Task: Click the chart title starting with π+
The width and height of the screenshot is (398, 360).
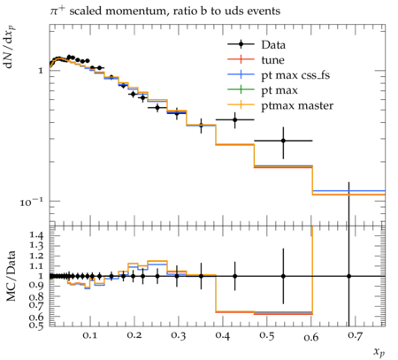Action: (165, 11)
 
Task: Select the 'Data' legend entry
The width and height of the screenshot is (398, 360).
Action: (256, 45)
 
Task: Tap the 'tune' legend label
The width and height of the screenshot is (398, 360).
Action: (272, 60)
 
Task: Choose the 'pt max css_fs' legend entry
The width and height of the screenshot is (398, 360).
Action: (279, 75)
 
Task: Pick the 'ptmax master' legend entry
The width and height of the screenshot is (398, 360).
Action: (280, 105)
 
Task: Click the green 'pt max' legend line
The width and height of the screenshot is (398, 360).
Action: (241, 89)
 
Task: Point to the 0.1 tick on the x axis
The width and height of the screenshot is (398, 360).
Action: (89, 336)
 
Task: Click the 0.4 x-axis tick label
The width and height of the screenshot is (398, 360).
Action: (222, 336)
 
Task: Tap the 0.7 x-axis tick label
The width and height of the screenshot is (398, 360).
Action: (355, 336)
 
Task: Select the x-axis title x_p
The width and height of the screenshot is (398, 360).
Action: (379, 351)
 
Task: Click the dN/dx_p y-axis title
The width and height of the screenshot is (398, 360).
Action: (10, 47)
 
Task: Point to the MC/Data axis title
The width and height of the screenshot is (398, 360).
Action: (11, 276)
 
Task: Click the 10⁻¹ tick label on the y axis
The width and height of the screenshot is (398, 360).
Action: (31, 202)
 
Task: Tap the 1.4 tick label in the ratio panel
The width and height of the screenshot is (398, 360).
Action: (36, 235)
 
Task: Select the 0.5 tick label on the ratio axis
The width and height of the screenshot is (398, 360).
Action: (36, 325)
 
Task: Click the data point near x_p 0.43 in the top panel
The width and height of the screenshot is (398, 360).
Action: (235, 119)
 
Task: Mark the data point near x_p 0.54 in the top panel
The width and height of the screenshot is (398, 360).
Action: (283, 141)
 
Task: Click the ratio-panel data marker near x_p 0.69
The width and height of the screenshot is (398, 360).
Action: (349, 276)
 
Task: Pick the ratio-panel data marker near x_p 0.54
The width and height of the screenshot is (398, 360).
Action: (283, 276)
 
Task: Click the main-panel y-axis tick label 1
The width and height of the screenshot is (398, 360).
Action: (41, 71)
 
